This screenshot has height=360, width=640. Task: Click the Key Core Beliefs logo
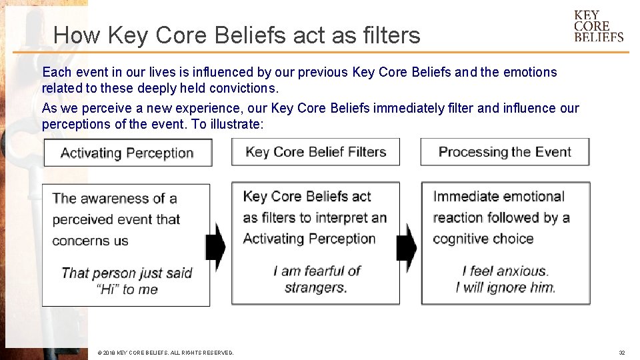pos(598,26)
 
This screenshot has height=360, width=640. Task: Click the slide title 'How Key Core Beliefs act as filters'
pos(237,35)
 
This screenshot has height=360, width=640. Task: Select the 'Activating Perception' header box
pos(127,153)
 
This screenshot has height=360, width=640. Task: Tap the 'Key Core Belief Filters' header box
pos(315,152)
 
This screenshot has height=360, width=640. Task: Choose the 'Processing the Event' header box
pos(505,152)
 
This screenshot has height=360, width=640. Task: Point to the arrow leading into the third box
pos(406,246)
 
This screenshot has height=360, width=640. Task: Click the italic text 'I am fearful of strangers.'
pos(316,279)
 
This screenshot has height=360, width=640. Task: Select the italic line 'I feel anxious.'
pos(505,271)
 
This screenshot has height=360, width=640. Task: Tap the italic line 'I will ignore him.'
pos(505,287)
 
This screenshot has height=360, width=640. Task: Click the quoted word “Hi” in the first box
pos(108,289)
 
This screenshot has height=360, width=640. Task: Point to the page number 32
pos(621,353)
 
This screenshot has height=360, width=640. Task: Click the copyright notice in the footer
pos(165,353)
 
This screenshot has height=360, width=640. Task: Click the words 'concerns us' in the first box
pos(90,241)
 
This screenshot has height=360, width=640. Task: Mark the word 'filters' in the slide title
pos(392,35)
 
